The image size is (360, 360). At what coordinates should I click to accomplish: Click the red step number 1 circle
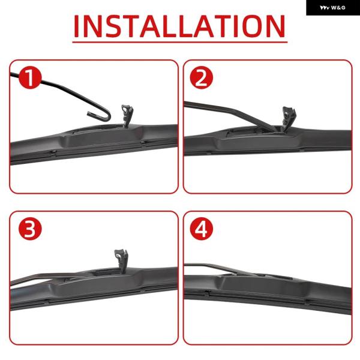tap(30, 77)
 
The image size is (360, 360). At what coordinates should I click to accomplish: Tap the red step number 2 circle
tap(202, 77)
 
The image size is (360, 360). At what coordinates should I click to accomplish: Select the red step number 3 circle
tap(30, 229)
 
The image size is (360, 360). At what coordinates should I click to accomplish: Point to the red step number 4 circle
tap(202, 229)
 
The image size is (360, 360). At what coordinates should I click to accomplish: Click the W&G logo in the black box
tap(332, 8)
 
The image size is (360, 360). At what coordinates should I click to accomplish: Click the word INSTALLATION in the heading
tap(179, 26)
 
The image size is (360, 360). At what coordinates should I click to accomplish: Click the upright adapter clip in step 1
tap(127, 115)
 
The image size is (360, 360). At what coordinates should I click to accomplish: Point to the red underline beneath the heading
tap(180, 42)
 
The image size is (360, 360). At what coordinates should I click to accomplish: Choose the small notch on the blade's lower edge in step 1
tap(53, 152)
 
